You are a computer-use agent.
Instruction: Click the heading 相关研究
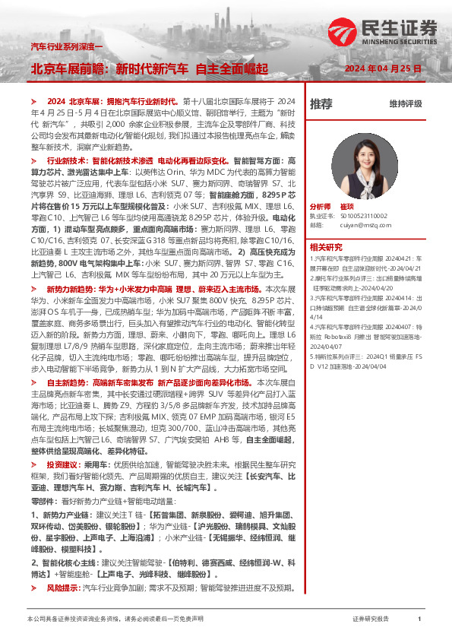point(326,246)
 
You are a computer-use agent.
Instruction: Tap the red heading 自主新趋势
point(68,384)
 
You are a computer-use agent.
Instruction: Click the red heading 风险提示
point(63,588)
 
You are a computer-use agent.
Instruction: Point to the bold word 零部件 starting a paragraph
point(43,502)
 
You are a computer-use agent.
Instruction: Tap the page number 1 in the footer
point(419,619)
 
